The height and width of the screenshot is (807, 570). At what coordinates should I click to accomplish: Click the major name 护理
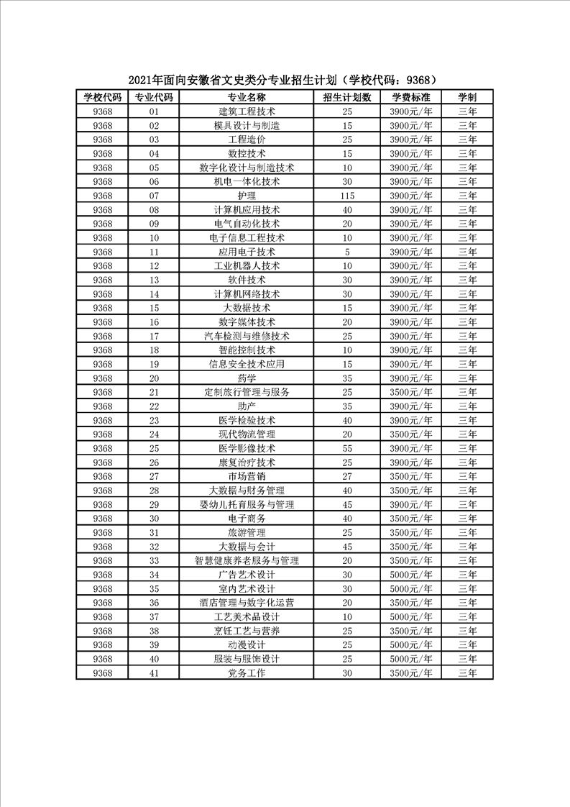click(x=247, y=196)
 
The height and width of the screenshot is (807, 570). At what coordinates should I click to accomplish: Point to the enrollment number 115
click(x=347, y=196)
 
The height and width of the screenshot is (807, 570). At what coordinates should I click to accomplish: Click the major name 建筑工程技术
click(x=247, y=111)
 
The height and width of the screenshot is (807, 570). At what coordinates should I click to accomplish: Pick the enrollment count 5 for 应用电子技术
click(x=347, y=252)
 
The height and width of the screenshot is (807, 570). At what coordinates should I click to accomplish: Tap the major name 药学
click(x=247, y=378)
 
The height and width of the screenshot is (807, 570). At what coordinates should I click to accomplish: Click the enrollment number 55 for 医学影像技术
click(x=347, y=448)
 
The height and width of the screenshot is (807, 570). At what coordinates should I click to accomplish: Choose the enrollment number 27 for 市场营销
click(x=347, y=476)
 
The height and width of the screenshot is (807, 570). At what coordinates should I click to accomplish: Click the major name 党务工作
click(x=247, y=673)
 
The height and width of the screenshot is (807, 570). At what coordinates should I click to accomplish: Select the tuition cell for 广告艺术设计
click(x=411, y=575)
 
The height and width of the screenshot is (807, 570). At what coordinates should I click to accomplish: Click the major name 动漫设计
click(x=247, y=645)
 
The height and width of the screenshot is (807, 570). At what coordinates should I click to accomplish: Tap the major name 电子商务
click(x=247, y=519)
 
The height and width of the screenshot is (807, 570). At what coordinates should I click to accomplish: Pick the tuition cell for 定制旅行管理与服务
click(x=411, y=392)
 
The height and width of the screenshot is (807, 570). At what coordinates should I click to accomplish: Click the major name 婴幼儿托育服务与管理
click(x=247, y=504)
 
